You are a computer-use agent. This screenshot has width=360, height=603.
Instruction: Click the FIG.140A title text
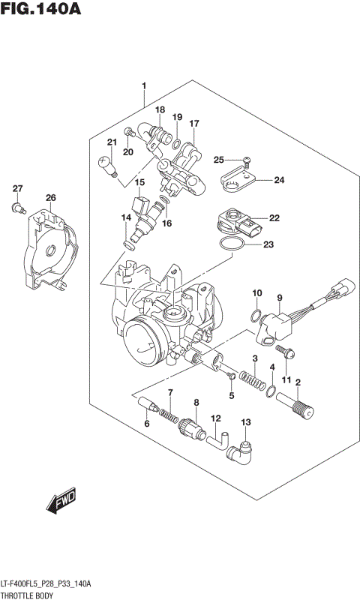click(41, 10)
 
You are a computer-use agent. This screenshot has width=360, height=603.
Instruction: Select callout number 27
click(18, 188)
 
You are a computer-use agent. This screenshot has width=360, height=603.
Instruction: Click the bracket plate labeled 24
click(238, 181)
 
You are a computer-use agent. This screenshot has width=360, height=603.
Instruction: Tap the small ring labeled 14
click(129, 244)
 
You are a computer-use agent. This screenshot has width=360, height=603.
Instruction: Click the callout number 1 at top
click(143, 86)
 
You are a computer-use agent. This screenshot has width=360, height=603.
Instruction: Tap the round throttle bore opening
click(146, 340)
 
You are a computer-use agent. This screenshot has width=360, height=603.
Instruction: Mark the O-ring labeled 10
click(256, 313)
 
